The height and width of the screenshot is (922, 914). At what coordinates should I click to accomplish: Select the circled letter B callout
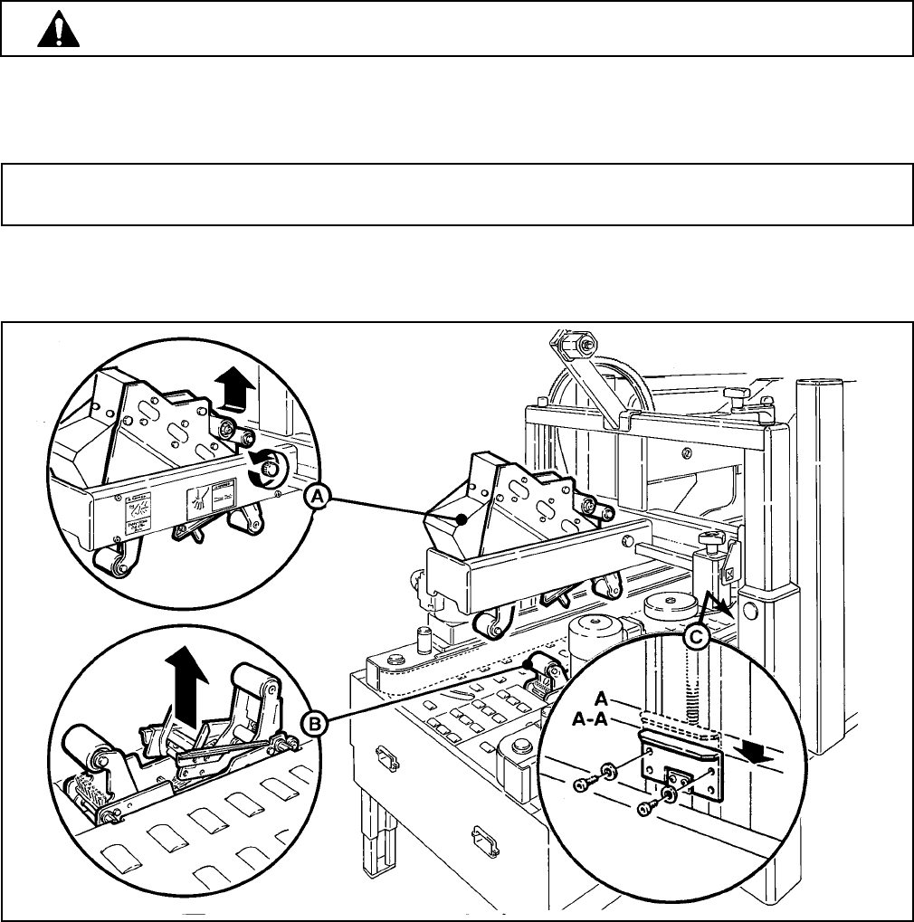point(316,722)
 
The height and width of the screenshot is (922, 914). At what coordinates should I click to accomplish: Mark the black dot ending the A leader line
point(462,519)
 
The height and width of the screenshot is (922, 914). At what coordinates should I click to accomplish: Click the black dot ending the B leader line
point(524,663)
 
